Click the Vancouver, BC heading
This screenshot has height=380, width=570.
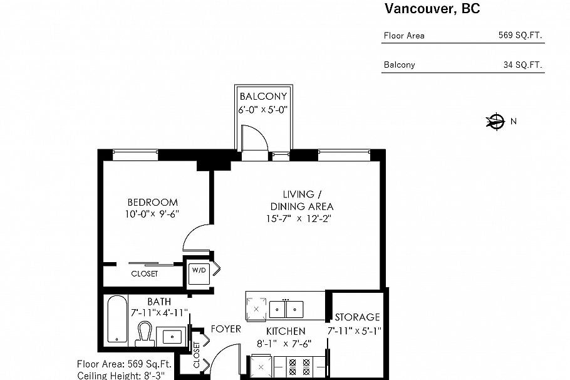click(x=432, y=9)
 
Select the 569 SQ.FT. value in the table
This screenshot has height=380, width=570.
click(x=520, y=36)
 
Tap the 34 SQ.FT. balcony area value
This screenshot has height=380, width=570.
click(x=522, y=65)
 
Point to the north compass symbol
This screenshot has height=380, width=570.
click(x=495, y=122)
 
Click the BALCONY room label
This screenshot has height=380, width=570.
click(x=263, y=97)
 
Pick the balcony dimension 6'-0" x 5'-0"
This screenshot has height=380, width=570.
click(x=263, y=110)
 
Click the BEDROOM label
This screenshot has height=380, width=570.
click(x=152, y=203)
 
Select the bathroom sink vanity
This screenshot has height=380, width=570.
click(x=171, y=337)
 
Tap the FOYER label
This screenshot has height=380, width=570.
click(x=225, y=329)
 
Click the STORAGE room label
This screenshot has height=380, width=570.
click(x=357, y=317)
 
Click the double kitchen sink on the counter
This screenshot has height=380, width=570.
click(x=286, y=309)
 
